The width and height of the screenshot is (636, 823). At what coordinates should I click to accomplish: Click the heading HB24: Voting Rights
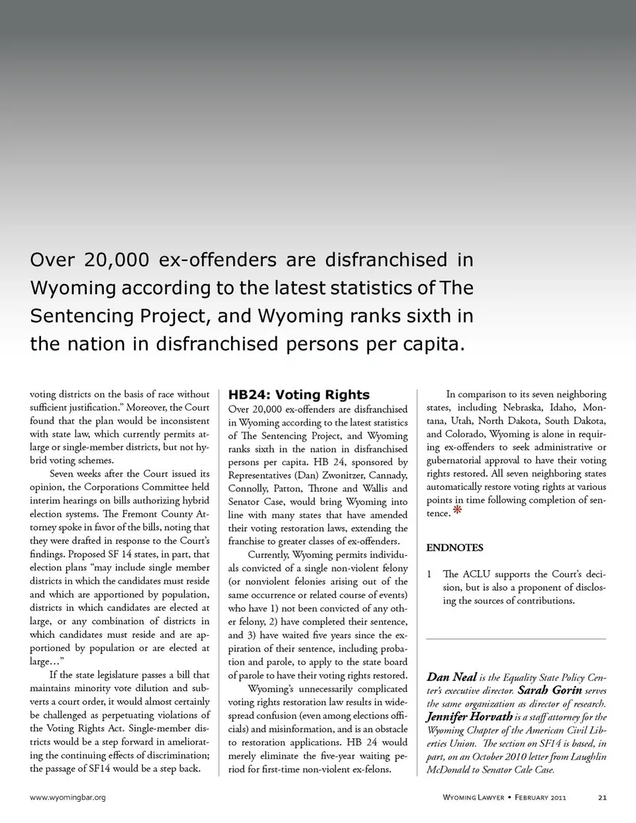pos(299,395)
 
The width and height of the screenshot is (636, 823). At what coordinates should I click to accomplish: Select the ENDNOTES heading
pos(454,548)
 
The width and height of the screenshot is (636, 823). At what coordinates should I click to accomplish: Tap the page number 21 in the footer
pos(602,797)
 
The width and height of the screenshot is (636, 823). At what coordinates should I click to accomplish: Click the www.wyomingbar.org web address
pos(68,797)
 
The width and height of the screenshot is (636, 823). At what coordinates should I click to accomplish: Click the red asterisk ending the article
pos(457,510)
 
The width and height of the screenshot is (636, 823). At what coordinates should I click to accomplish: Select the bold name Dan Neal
pos(452,677)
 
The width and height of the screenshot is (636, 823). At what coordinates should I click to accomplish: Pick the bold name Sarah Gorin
pos(550,690)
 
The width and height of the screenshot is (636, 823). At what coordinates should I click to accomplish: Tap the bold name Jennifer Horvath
pos(469,716)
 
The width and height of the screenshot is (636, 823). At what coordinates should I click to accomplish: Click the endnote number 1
pos(429,574)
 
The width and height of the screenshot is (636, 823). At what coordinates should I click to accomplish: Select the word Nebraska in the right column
pos(523,407)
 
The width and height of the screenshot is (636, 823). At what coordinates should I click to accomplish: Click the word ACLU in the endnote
pos(476,574)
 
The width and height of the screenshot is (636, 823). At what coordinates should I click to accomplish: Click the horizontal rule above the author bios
pos(516,638)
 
